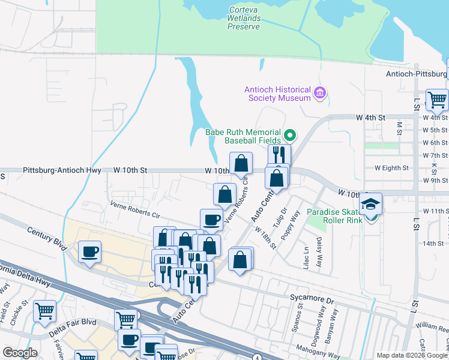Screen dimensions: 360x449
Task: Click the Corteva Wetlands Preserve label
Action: click(x=244, y=18)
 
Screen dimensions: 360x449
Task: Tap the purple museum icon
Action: click(x=319, y=93)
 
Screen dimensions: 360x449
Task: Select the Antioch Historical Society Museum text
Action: click(x=277, y=94)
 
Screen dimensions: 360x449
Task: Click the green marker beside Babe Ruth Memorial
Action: click(x=290, y=134)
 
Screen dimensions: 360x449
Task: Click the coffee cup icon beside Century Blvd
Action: click(x=89, y=251)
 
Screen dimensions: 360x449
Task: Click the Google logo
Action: click(x=20, y=353)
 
